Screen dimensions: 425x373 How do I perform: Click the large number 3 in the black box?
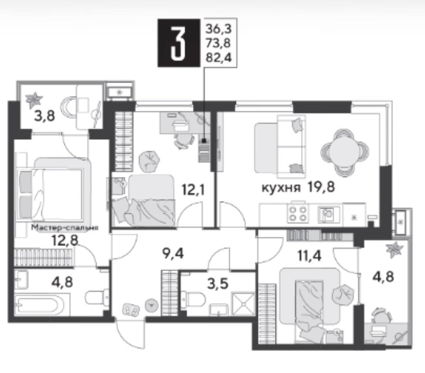[178, 43]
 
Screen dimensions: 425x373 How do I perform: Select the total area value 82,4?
[219, 58]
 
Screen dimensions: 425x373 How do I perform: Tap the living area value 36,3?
[219, 28]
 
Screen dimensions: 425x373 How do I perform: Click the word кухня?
[281, 187]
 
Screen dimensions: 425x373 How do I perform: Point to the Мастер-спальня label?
[65, 227]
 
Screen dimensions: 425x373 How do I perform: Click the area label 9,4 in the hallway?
[173, 254]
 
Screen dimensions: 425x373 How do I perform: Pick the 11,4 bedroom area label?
[309, 255]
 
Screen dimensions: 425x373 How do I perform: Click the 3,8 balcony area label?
[44, 117]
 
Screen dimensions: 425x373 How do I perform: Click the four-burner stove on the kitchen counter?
[298, 214]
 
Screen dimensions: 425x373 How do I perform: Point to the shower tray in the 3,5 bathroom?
[243, 303]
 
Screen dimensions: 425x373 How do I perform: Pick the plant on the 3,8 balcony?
[34, 100]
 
